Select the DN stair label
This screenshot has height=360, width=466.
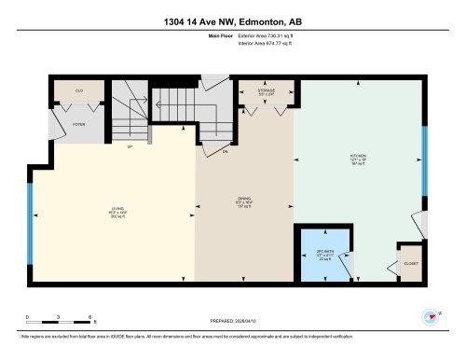(x=225, y=150)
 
